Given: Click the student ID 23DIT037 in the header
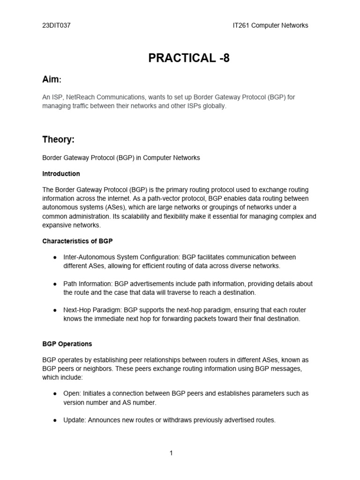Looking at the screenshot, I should tap(56, 25).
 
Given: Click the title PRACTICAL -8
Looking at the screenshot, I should tap(189, 58).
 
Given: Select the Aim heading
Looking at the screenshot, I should tap(52, 80).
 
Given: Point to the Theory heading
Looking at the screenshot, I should tap(58, 140).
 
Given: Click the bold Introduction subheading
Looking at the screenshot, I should tap(61, 173).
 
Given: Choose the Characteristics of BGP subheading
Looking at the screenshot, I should tap(77, 241).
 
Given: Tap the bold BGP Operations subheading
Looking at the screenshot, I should tap(67, 344).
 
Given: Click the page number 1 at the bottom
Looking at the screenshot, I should tap(171, 453).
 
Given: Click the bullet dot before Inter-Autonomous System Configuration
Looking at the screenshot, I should tap(55, 257).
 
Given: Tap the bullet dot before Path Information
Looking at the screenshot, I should tap(55, 284).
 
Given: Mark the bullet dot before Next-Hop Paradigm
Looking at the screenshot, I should tap(55, 310).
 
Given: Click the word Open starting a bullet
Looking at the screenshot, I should tap(71, 393).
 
